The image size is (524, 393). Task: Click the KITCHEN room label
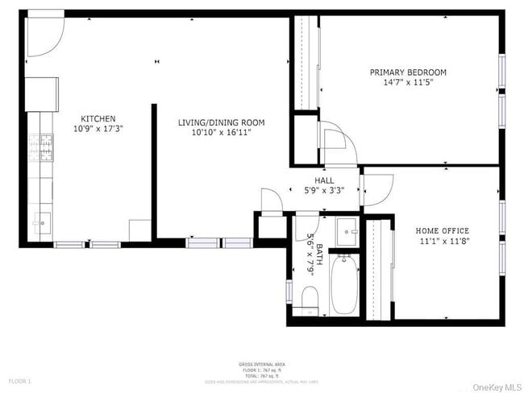[98, 118]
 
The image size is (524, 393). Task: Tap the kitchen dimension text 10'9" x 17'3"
[98, 129]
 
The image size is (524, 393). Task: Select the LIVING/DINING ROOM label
[221, 122]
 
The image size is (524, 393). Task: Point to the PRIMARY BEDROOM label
[408, 72]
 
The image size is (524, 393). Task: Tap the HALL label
[324, 181]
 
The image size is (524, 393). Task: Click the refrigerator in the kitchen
[42, 93]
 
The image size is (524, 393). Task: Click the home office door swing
[377, 188]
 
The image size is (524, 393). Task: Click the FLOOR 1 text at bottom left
[19, 380]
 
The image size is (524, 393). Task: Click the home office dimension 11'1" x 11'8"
[443, 242]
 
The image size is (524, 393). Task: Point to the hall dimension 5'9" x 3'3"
[324, 191]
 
